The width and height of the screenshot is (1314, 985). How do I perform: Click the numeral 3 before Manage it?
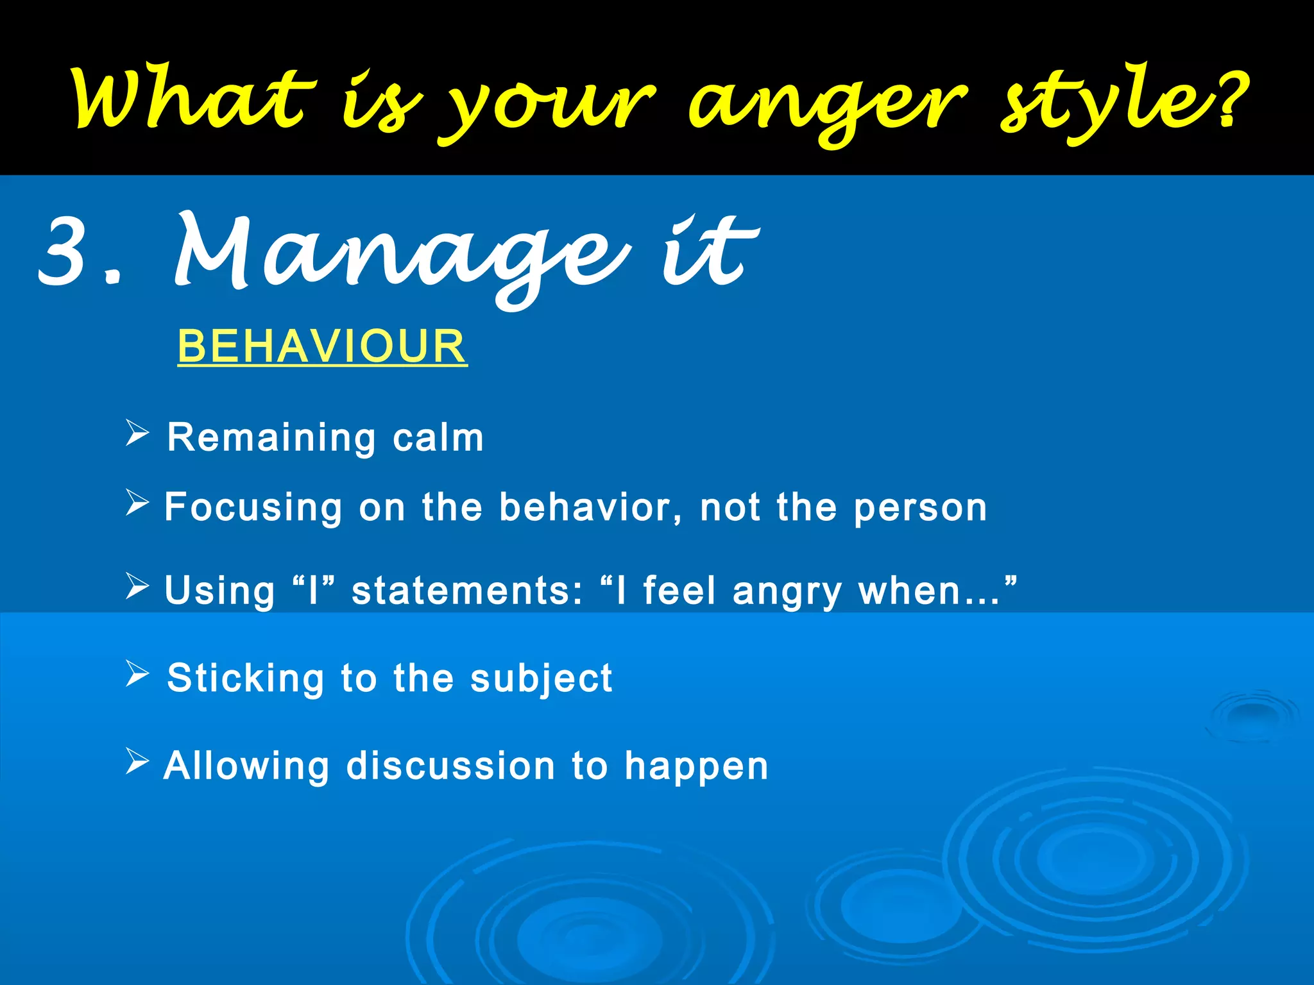click(x=64, y=251)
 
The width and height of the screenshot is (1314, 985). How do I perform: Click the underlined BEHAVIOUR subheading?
click(x=322, y=346)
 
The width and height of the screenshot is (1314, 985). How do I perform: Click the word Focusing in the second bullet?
click(x=253, y=508)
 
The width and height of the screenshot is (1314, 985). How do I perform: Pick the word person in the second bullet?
click(x=920, y=508)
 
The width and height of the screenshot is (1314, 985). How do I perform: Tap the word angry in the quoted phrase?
click(x=787, y=592)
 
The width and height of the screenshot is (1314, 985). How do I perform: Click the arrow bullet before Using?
click(x=137, y=585)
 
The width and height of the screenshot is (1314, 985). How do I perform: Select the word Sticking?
click(x=246, y=678)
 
